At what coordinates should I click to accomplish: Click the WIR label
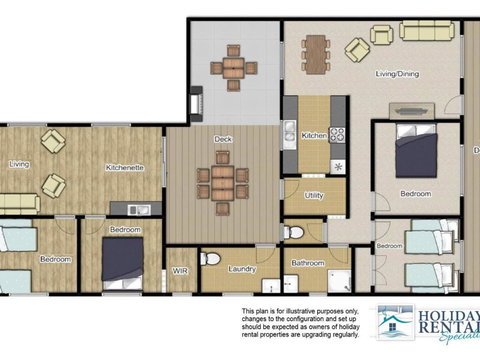coord(180,270)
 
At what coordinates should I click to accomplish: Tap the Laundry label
coord(243,269)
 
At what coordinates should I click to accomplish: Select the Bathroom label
coord(308,264)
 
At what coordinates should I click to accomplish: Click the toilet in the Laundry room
coord(210,258)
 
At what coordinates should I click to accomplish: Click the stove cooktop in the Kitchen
coord(337,133)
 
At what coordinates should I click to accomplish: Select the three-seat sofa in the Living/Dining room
coord(427,30)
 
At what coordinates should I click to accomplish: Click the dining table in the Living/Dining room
coord(316,46)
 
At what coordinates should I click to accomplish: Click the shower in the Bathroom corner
coord(339,281)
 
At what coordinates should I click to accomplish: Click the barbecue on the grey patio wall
coord(196,101)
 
